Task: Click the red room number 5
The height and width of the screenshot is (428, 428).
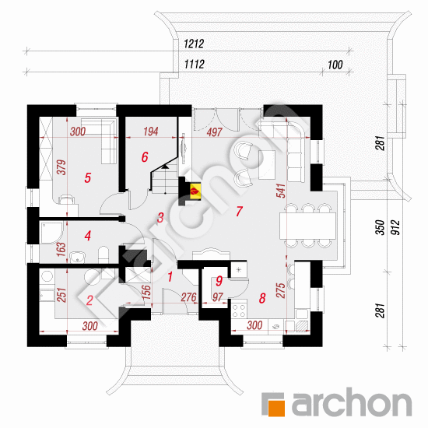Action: [x=88, y=177]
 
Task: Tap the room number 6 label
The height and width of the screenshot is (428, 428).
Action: [x=145, y=157]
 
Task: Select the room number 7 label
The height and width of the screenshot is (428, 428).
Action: [x=240, y=211]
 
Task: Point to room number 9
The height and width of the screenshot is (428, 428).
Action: [x=219, y=281]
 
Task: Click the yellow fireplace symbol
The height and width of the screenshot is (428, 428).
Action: [x=195, y=191]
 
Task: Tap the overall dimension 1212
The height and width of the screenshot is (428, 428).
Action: [x=194, y=44]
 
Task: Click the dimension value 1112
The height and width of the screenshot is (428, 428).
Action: [x=194, y=65]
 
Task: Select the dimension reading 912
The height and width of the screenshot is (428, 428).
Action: [x=395, y=227]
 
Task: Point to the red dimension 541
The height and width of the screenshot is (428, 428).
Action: [x=281, y=191]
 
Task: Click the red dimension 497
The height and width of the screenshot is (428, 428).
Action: [x=215, y=132]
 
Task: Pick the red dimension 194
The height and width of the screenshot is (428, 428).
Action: [x=151, y=132]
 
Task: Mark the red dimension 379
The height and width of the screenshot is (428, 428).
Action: [x=61, y=167]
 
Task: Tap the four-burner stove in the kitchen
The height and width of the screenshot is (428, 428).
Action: [x=239, y=311]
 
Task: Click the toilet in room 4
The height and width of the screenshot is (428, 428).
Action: [x=103, y=254]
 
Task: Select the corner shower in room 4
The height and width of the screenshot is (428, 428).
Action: [x=52, y=233]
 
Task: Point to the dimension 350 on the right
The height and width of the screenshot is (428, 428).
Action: [x=381, y=227]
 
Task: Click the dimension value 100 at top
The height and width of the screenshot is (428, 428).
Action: [x=335, y=65]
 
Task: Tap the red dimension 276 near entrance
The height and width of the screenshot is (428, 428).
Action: [x=188, y=297]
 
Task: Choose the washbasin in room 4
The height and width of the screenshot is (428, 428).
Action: [x=78, y=257]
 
